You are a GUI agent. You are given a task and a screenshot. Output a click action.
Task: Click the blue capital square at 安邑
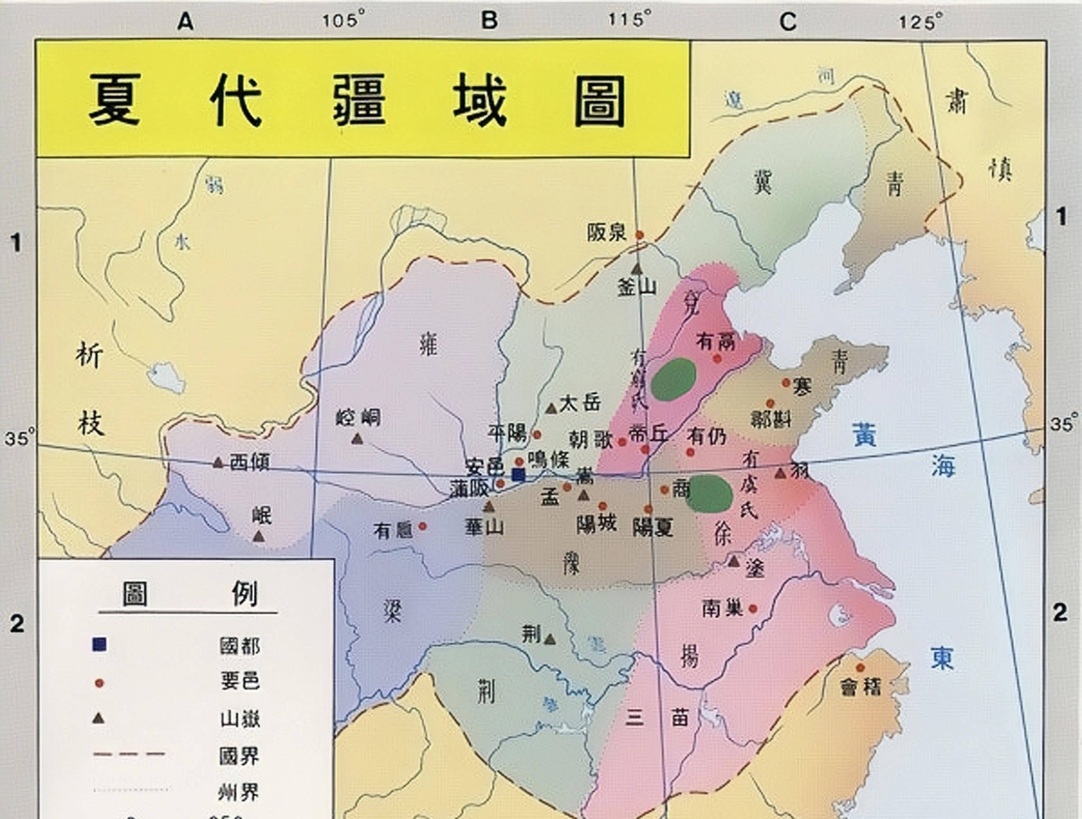518,475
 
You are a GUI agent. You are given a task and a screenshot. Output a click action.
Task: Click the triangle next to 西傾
218,462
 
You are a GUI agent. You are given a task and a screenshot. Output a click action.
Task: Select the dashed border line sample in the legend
129,754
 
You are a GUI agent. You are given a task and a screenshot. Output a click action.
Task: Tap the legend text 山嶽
240,719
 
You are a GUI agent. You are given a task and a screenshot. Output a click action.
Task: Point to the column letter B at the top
489,21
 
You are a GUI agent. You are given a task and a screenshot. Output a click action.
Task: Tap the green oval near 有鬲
674,379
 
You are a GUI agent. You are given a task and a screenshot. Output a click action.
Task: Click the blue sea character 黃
864,434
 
